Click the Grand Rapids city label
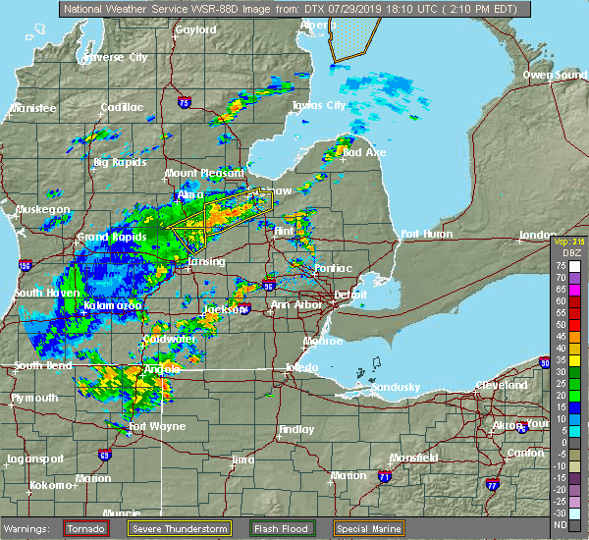pyautogui.click(x=106, y=237)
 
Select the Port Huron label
pyautogui.click(x=425, y=234)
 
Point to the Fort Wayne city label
pyautogui.click(x=150, y=426)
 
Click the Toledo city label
pyautogui.click(x=299, y=367)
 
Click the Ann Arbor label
pyautogui.click(x=294, y=304)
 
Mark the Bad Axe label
pyautogui.click(x=360, y=152)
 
